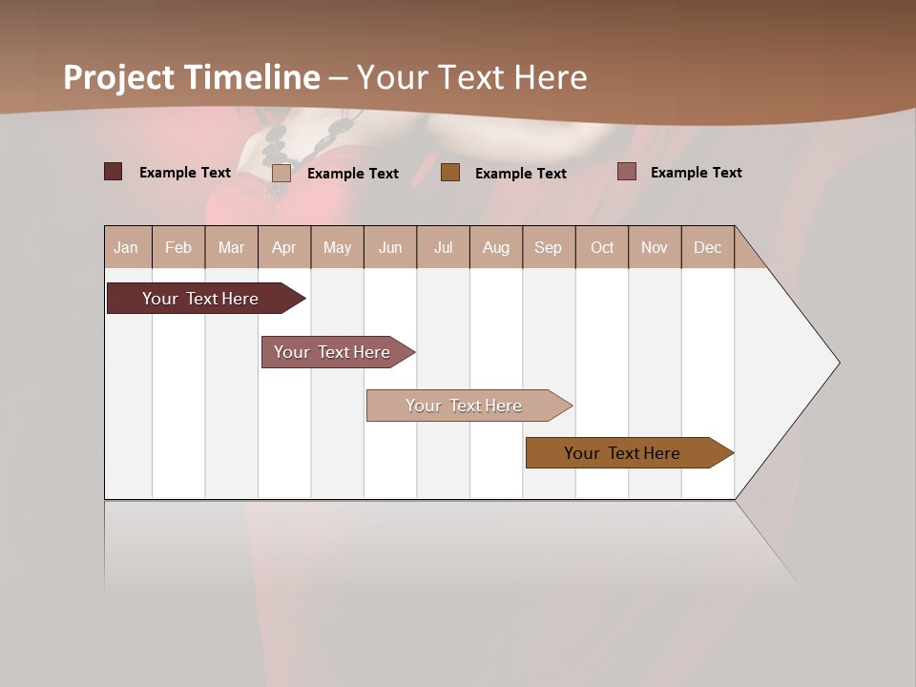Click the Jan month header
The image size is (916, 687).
[x=127, y=247]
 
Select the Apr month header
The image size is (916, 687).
[x=284, y=247]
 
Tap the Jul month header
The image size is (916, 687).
[x=443, y=247]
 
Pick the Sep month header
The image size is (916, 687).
[x=549, y=247]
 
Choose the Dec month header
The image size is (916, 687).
[x=707, y=247]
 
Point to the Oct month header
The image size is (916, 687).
[x=602, y=247]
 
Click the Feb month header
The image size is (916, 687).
[x=178, y=247]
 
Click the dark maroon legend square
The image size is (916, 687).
[x=113, y=172]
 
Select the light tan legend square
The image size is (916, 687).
[x=281, y=173]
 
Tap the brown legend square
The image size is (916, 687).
[x=450, y=172]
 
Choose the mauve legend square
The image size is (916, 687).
[x=626, y=172]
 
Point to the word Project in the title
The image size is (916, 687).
[x=118, y=77]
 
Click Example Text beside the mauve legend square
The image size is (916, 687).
[x=696, y=172]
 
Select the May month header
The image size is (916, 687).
[x=337, y=247]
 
